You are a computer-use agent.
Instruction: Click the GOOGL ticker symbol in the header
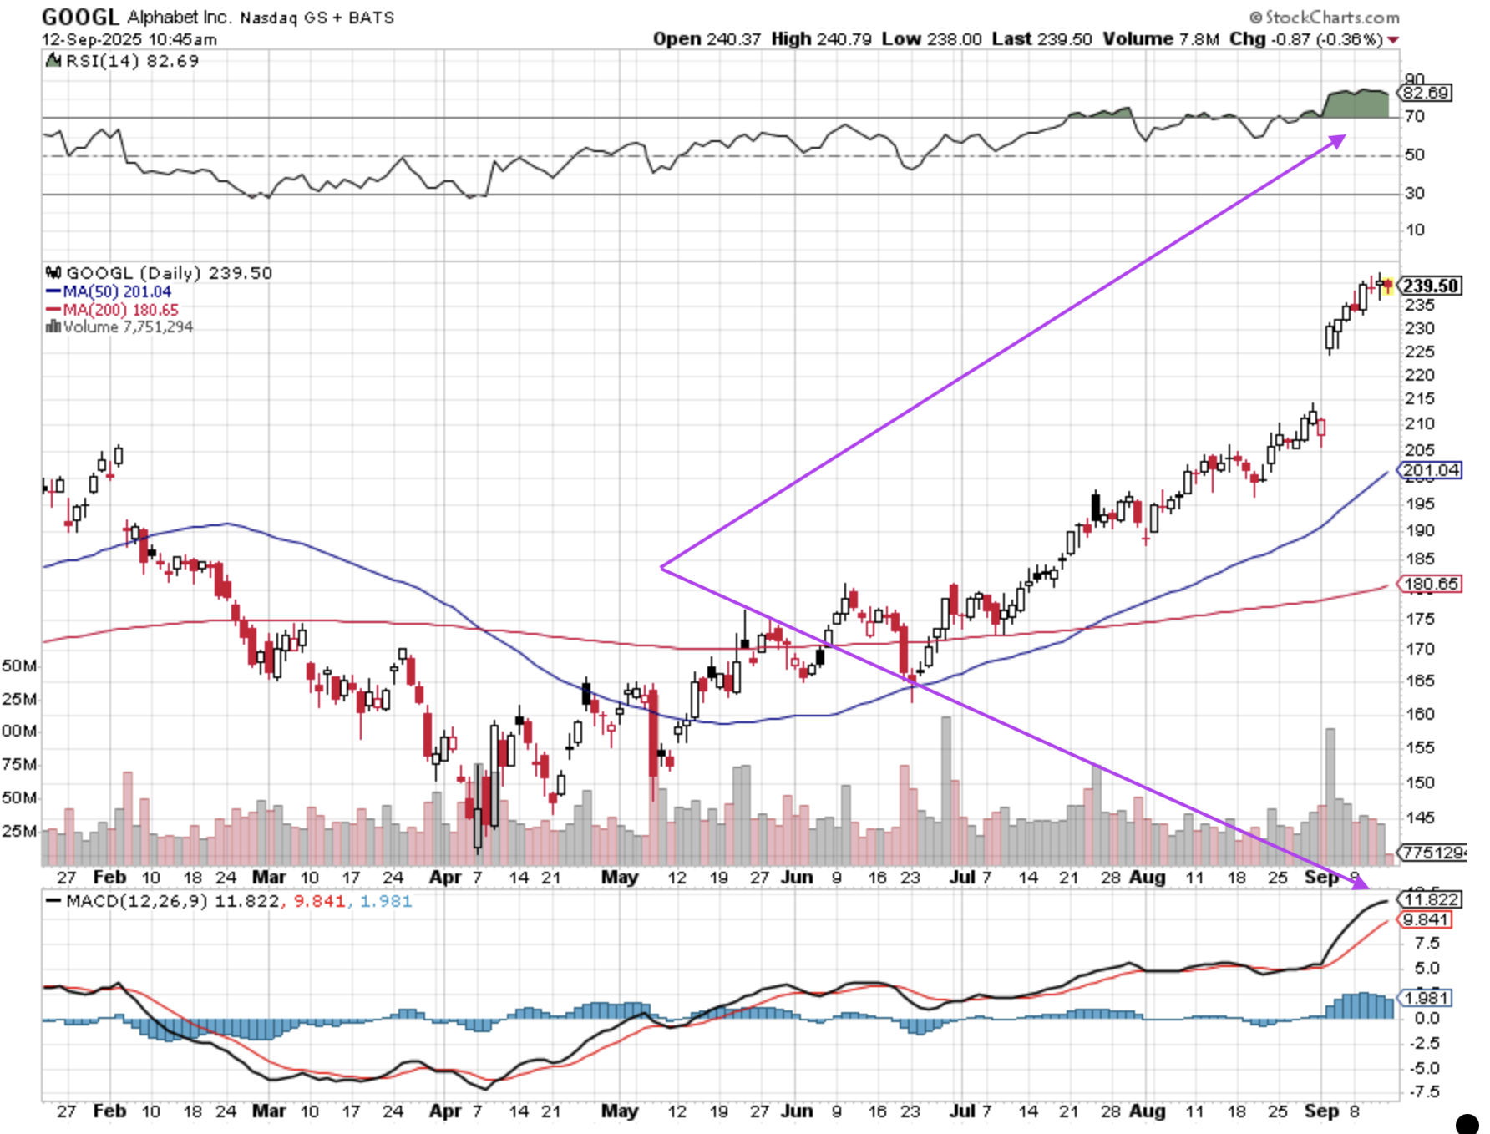click(x=80, y=16)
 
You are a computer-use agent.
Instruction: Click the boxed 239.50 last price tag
click(x=1430, y=286)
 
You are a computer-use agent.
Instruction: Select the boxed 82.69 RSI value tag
click(x=1426, y=93)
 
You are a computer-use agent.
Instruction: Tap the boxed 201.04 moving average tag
click(x=1431, y=470)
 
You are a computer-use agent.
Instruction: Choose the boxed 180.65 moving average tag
click(x=1431, y=584)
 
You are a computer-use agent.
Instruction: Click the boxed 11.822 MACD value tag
click(x=1431, y=899)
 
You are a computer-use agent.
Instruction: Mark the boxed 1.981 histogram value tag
click(x=1426, y=998)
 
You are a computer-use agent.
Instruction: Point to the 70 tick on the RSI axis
click(x=1414, y=117)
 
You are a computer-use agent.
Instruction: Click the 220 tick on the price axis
click(x=1419, y=376)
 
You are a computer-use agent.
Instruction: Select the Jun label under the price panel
click(x=796, y=878)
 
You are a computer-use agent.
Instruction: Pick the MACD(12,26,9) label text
click(x=137, y=901)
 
